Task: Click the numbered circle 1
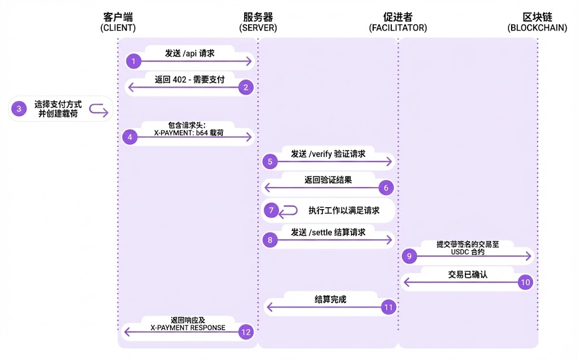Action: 133,61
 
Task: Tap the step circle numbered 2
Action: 246,87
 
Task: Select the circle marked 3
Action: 19,109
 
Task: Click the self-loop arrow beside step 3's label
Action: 98,110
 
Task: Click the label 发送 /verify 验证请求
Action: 328,153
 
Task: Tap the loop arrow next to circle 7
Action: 288,211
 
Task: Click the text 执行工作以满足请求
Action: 343,211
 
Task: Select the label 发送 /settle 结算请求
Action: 328,232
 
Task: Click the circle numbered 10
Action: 525,282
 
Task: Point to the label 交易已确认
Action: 468,274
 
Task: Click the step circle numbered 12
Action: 246,332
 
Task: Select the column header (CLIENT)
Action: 118,28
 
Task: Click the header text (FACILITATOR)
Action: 397,28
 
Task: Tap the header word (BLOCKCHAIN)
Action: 537,28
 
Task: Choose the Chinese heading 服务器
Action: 258,16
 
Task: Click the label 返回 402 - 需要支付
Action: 189,80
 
